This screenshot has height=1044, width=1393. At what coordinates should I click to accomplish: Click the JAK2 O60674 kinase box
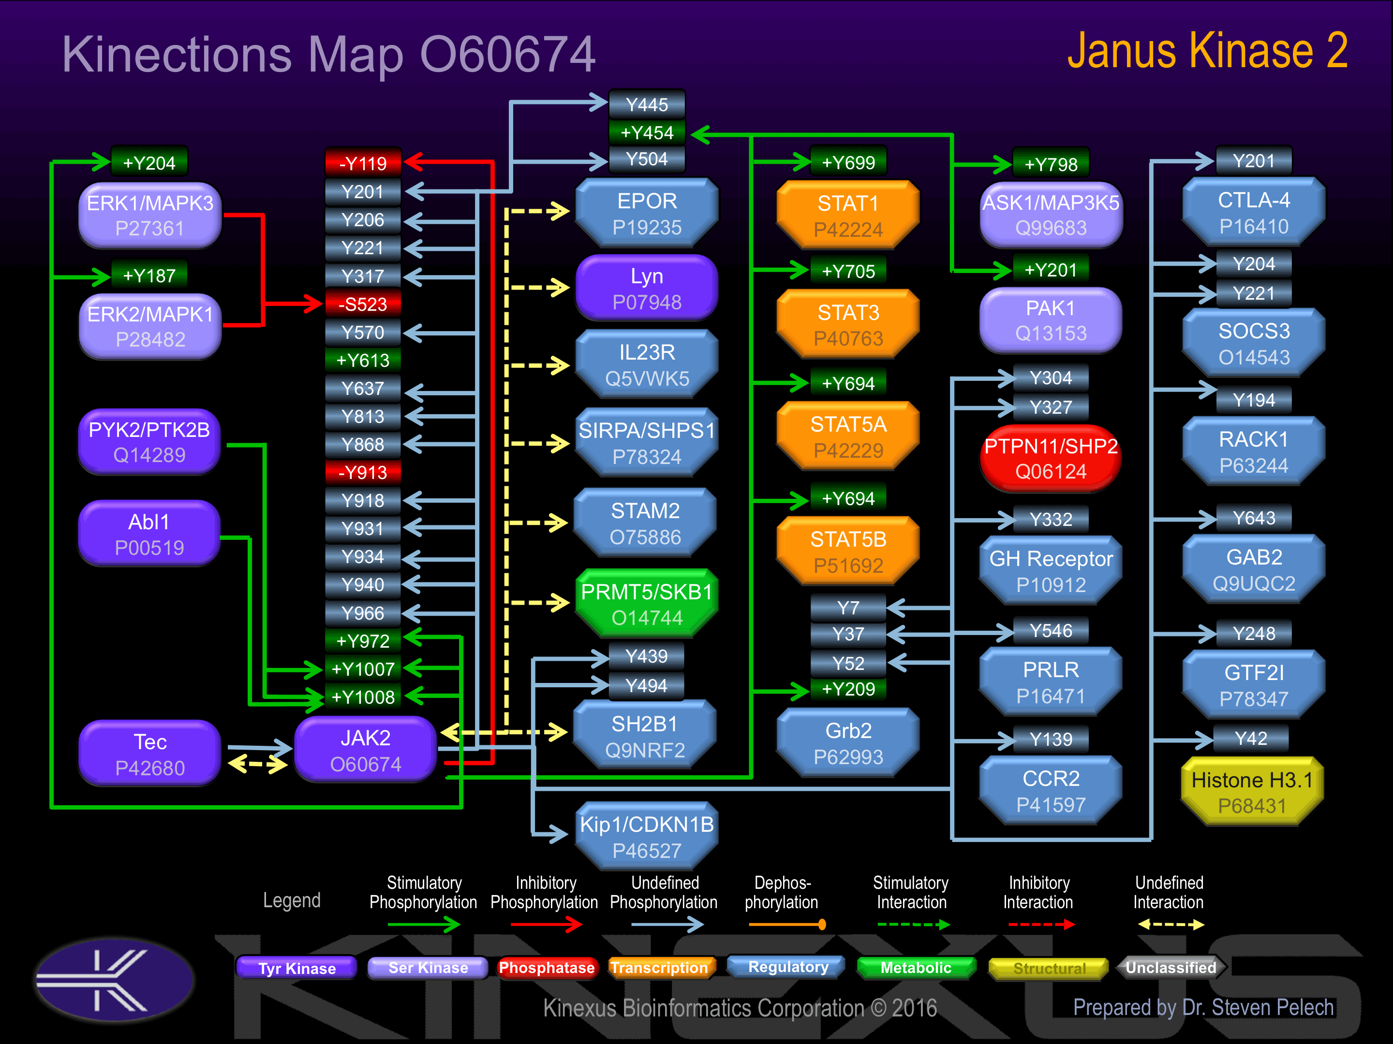click(x=365, y=750)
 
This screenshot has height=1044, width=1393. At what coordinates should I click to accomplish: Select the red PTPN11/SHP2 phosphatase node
click(x=1051, y=458)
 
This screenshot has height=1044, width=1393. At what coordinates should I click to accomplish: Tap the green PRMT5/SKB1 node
click(x=647, y=604)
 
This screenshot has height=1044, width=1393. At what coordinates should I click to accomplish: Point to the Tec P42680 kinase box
click(x=150, y=754)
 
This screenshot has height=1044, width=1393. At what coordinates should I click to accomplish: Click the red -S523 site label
click(x=363, y=304)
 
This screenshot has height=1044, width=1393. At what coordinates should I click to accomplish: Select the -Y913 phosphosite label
click(x=363, y=472)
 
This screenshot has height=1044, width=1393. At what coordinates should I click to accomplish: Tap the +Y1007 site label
click(x=363, y=669)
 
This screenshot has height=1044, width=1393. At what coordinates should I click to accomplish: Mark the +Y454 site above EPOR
click(x=647, y=133)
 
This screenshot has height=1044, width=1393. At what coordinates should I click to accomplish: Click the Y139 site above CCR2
click(x=1051, y=739)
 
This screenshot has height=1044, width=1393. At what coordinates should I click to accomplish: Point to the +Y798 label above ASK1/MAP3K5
click(x=1051, y=164)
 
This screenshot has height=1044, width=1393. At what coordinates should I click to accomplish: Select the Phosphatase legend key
click(x=546, y=968)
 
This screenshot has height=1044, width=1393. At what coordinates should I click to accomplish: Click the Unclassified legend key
click(x=1171, y=968)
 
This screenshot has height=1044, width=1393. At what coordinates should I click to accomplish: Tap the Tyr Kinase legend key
click(x=296, y=968)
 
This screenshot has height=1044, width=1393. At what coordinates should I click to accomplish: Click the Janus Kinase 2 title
click(x=1207, y=52)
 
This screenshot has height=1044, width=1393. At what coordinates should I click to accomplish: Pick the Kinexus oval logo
click(x=115, y=979)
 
